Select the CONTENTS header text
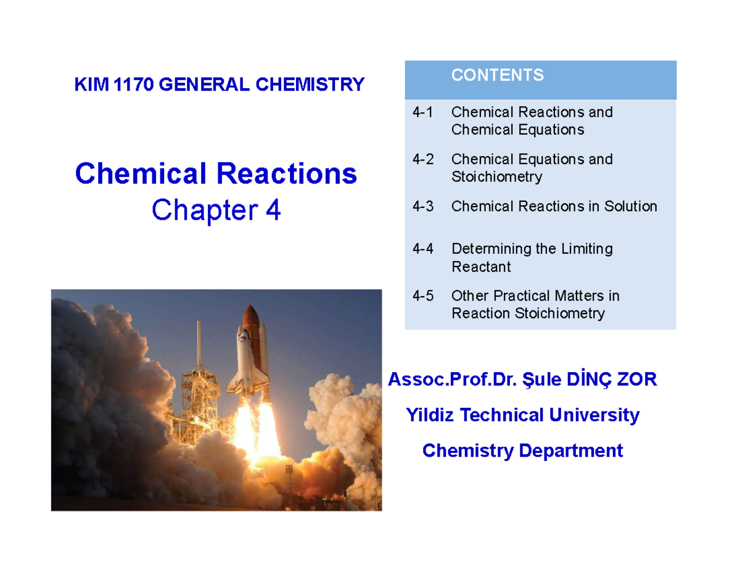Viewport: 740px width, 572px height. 497,75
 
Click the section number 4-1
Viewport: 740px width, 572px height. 423,112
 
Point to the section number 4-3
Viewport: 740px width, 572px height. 423,206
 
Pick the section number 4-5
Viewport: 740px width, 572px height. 423,296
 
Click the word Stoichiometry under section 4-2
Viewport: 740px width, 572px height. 496,177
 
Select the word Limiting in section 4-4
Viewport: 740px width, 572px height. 586,249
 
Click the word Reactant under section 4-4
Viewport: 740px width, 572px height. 481,267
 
